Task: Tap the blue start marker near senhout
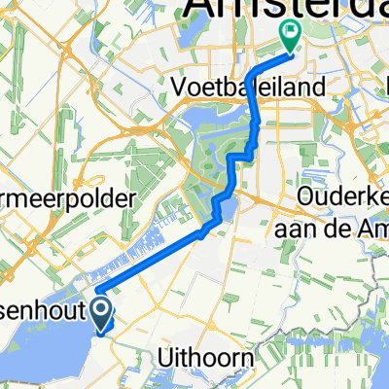[x=100, y=312]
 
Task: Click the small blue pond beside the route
[x=227, y=210]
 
